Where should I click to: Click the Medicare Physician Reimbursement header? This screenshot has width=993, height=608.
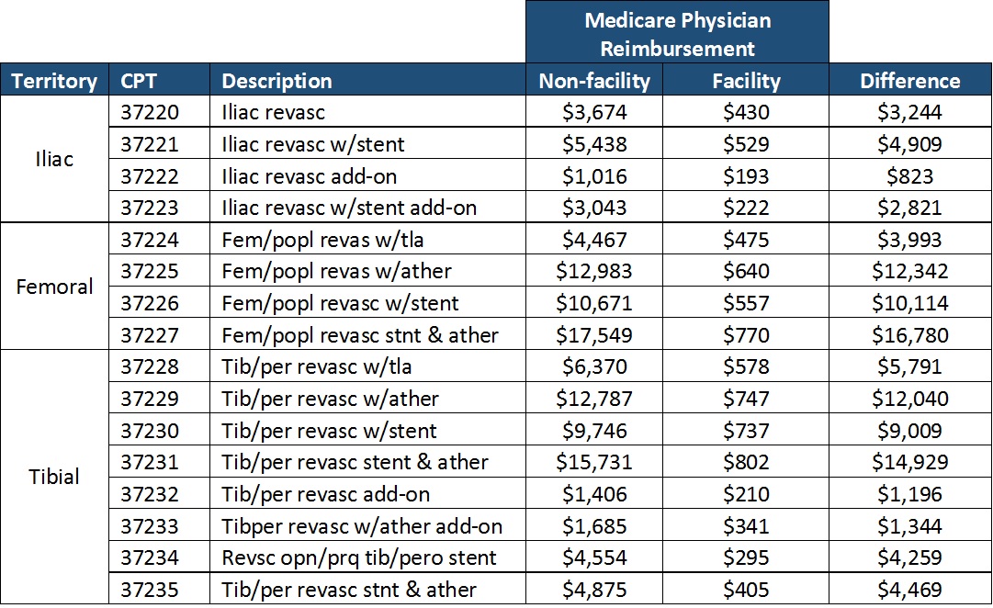pyautogui.click(x=677, y=33)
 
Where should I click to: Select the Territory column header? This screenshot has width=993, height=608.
pyautogui.click(x=54, y=81)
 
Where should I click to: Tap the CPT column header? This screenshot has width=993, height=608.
pyautogui.click(x=139, y=81)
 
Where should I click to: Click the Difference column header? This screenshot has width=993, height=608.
pyautogui.click(x=909, y=81)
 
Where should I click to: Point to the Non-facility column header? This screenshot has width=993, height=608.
pyautogui.click(x=593, y=81)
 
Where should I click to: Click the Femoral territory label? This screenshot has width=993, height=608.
pyautogui.click(x=54, y=287)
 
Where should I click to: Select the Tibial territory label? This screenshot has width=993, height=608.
pyautogui.click(x=54, y=477)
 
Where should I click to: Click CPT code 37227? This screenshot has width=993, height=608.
pyautogui.click(x=151, y=335)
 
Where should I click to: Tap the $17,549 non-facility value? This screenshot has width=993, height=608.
pyautogui.click(x=593, y=335)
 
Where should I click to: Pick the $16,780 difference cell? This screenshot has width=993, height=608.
pyautogui.click(x=909, y=335)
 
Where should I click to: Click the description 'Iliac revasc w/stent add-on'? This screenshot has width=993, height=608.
pyautogui.click(x=349, y=208)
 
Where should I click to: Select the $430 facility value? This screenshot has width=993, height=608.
pyautogui.click(x=746, y=112)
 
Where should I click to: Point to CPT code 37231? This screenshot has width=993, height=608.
pyautogui.click(x=151, y=462)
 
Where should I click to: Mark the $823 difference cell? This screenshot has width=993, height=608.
pyautogui.click(x=909, y=176)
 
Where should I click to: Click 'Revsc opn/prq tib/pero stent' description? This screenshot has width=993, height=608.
pyautogui.click(x=359, y=557)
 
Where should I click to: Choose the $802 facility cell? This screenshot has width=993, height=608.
pyautogui.click(x=746, y=462)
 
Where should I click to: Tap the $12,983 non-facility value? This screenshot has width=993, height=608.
pyautogui.click(x=593, y=272)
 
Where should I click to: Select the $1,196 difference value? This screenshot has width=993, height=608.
pyautogui.click(x=909, y=494)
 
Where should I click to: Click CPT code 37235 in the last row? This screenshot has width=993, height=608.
pyautogui.click(x=151, y=590)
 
